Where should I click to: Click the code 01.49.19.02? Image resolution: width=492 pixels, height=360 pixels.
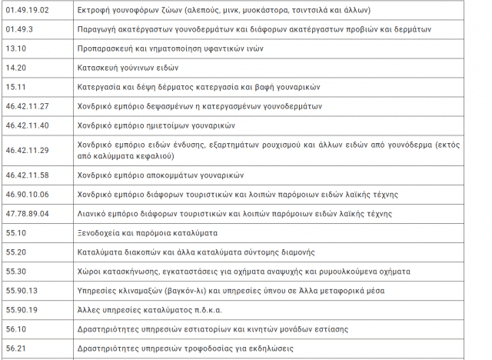tap(27, 10)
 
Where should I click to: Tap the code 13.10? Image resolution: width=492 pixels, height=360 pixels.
tap(15, 48)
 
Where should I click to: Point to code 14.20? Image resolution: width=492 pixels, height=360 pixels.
tap(15, 68)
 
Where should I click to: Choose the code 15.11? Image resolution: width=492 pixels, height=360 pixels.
tap(15, 87)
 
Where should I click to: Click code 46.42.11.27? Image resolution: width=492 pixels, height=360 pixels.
tap(27, 106)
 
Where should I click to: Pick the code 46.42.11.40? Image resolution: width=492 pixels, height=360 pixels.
tap(27, 125)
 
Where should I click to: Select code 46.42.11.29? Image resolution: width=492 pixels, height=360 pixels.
tap(27, 150)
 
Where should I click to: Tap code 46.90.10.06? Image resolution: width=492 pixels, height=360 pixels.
tap(27, 194)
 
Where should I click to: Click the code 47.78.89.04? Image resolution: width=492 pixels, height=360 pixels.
tap(27, 213)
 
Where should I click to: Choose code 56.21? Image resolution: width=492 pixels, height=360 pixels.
tap(15, 348)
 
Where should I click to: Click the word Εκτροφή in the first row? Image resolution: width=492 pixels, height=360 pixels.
tap(95, 10)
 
